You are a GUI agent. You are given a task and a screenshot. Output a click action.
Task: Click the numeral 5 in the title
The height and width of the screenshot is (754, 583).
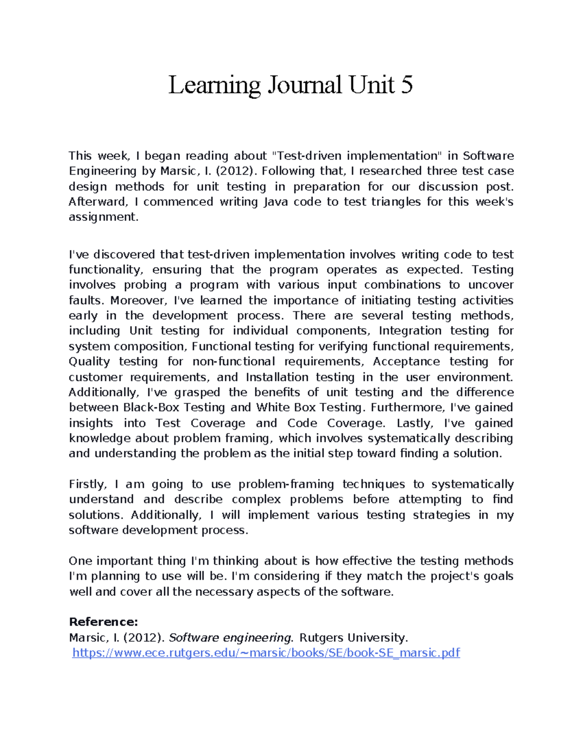[x=407, y=85]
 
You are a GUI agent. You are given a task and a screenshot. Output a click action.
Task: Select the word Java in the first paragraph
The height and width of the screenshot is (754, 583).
[x=275, y=201]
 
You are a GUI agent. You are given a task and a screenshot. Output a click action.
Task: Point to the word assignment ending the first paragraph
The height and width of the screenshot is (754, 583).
[x=103, y=217]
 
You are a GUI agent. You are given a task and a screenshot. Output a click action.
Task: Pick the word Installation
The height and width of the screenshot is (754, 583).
[x=277, y=377]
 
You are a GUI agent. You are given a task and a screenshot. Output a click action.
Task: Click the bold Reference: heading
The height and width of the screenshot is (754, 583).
[x=103, y=622]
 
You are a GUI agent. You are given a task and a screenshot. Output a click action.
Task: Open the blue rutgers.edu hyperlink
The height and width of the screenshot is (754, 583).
[x=266, y=653]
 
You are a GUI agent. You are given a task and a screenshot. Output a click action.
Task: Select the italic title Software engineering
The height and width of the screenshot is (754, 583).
[x=231, y=637]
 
